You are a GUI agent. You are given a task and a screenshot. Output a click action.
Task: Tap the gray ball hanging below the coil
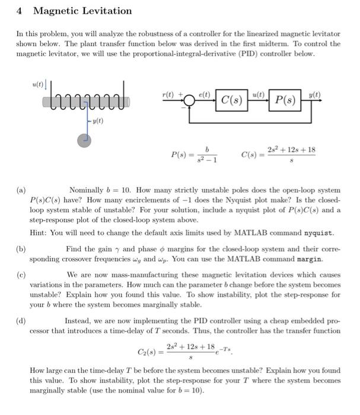click(85, 140)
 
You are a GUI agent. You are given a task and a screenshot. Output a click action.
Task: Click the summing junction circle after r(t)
click(189, 99)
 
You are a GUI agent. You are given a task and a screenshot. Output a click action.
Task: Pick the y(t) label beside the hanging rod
click(94, 122)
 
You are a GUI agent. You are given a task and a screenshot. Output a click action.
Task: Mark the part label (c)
click(21, 275)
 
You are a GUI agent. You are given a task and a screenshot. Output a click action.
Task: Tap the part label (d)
click(21, 320)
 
